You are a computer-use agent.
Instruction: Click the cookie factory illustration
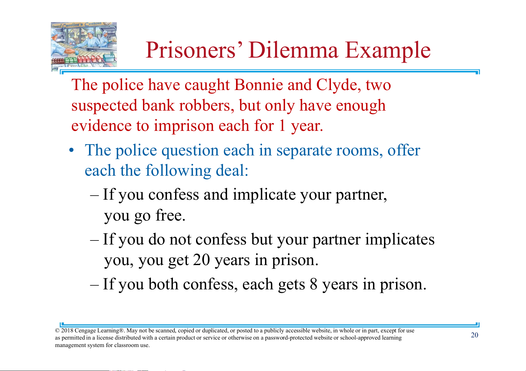[84, 46]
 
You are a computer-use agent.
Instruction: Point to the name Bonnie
[258, 84]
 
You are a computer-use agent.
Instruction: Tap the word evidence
[101, 126]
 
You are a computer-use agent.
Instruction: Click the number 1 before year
[282, 126]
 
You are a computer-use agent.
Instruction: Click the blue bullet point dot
[71, 150]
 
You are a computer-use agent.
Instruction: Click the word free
[170, 215]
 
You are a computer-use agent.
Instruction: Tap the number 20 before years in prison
[201, 260]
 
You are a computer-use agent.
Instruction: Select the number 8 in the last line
[313, 284]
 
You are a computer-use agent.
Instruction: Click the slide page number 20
[474, 335]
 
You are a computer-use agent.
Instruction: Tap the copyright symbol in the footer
[57, 331]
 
